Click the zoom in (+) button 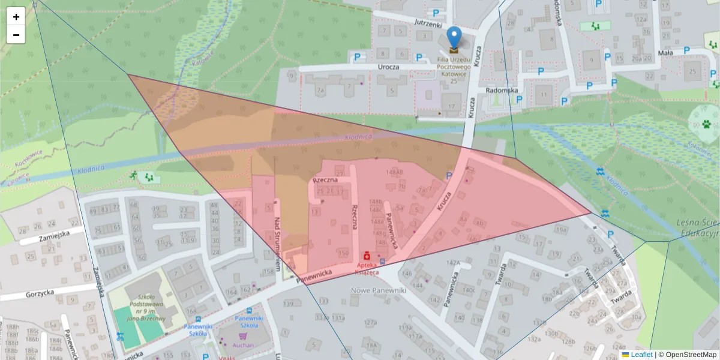[16, 17]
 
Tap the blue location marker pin [455, 37]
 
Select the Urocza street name [389, 67]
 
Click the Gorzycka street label [40, 295]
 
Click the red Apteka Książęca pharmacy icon [367, 254]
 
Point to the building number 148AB [395, 172]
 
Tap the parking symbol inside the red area [449, 175]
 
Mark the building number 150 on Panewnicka [343, 253]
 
